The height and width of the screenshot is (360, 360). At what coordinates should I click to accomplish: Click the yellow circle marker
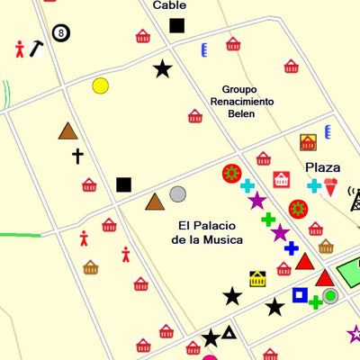100,85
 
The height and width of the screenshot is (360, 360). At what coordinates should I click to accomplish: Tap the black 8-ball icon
60,33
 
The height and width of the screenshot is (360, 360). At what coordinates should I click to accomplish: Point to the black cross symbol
77,157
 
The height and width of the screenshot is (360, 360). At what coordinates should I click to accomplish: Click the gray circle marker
178,193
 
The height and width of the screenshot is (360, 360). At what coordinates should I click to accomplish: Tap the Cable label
169,5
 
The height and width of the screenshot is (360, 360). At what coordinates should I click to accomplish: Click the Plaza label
322,167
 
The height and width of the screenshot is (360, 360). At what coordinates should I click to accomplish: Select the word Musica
221,240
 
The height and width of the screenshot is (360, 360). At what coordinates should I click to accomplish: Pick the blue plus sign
291,247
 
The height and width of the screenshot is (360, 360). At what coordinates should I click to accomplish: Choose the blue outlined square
299,294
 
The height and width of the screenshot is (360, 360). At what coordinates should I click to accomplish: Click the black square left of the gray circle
123,184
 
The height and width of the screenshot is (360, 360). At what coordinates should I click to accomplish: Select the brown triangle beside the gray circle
155,202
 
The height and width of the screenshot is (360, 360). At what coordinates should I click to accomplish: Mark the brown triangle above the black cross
67,131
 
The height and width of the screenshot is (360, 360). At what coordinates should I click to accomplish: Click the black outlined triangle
229,333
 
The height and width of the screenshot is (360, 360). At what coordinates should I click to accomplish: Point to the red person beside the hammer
20,48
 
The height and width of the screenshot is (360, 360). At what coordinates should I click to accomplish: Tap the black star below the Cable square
162,68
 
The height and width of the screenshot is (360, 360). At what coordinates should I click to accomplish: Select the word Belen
241,114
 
